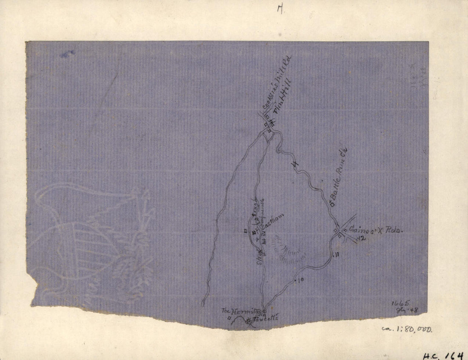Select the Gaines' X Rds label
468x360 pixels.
tap(374, 230)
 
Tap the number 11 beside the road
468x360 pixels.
tap(336, 255)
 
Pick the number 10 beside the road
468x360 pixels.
tap(300, 280)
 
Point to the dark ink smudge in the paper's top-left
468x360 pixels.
tap(67, 54)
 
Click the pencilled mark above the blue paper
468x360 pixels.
tap(280, 9)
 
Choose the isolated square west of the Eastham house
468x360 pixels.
tap(245, 231)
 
